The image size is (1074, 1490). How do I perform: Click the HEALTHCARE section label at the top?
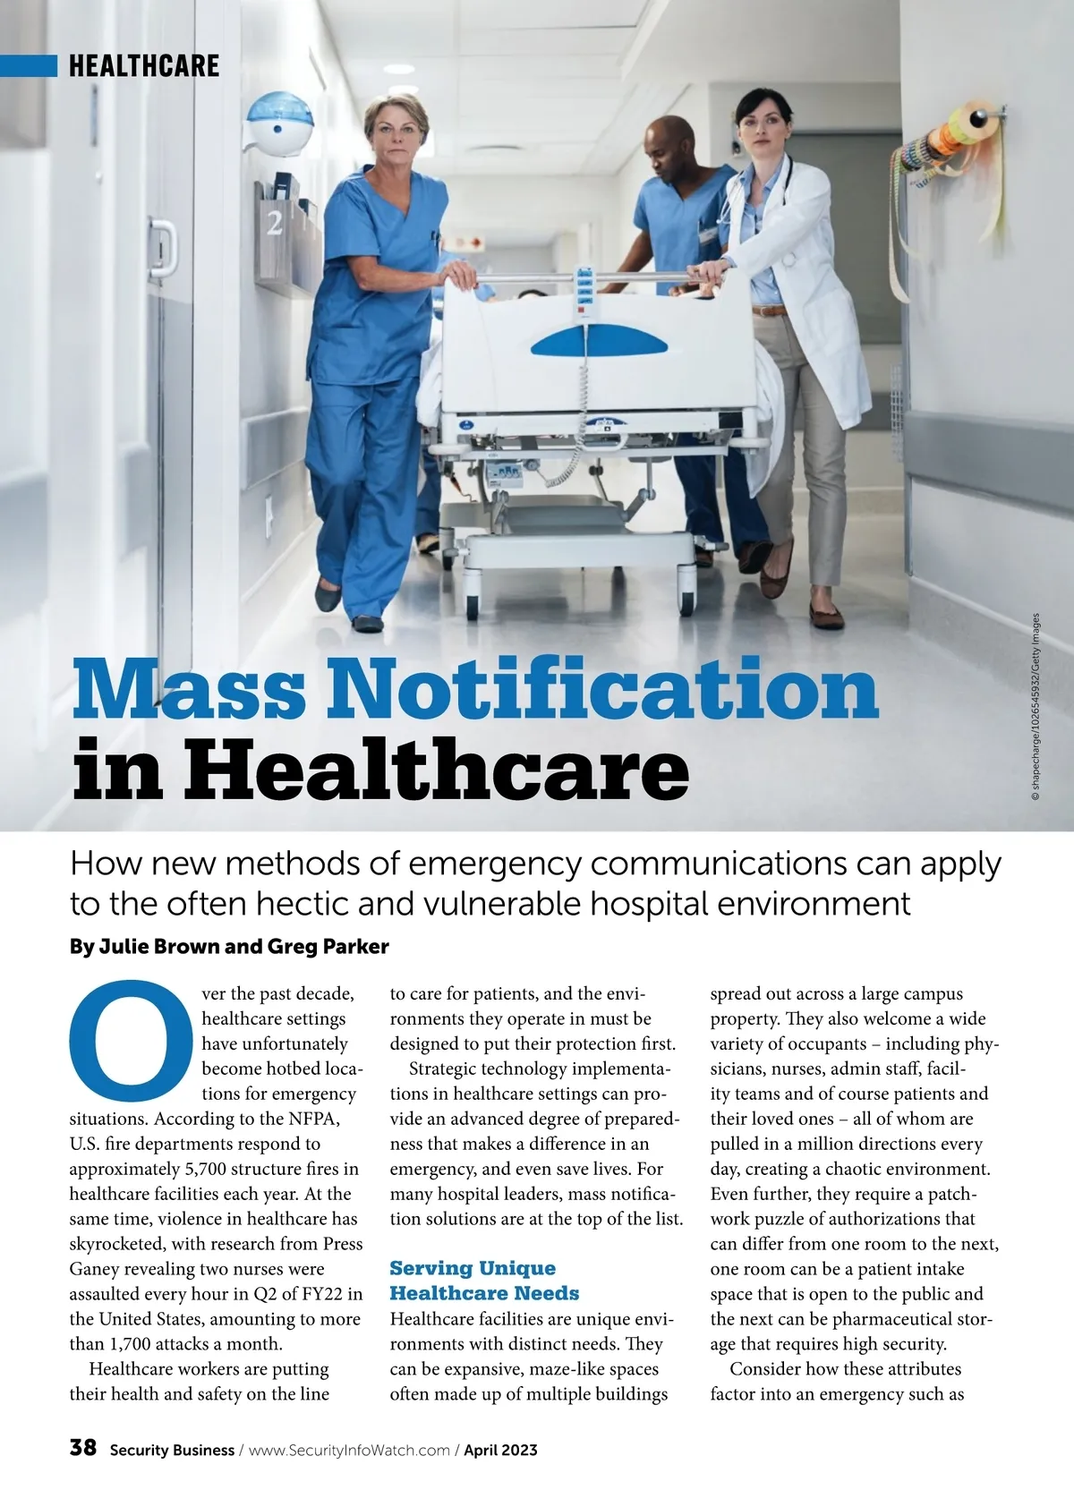[x=143, y=65]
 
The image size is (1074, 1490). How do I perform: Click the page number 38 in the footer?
[x=82, y=1448]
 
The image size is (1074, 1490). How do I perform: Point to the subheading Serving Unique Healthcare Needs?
[x=484, y=1280]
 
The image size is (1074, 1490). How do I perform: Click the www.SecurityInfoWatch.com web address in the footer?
[x=348, y=1450]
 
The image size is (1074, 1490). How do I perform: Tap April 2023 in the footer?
[x=500, y=1450]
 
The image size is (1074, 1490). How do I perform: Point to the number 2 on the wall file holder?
[x=275, y=223]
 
